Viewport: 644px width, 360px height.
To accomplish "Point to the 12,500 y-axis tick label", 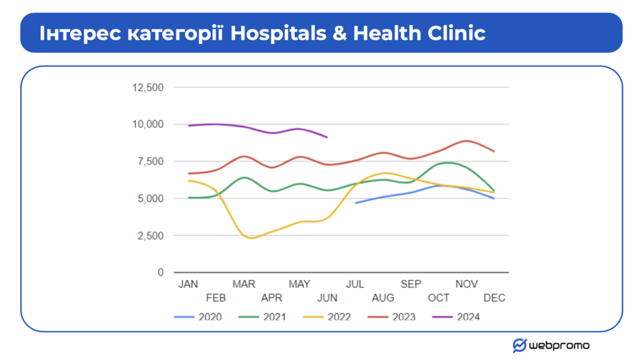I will (x=148, y=87).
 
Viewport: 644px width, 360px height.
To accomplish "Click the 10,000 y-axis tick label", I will (x=148, y=125).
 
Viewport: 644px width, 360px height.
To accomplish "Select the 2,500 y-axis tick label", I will (x=150, y=236).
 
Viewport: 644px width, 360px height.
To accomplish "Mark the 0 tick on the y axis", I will (x=160, y=273).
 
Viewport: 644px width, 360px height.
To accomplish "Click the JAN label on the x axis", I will (x=188, y=284).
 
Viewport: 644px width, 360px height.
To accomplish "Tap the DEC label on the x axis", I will (x=494, y=298).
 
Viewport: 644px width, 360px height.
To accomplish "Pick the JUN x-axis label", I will (x=328, y=298).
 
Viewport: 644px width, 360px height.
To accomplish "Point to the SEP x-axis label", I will (x=411, y=284).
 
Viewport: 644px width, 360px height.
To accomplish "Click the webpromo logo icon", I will (x=519, y=346).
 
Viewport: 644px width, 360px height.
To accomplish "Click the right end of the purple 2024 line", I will (x=327, y=137).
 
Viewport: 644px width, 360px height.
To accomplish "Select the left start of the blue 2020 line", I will (x=356, y=203).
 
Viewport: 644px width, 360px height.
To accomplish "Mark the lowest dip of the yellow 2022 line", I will (x=252, y=238).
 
